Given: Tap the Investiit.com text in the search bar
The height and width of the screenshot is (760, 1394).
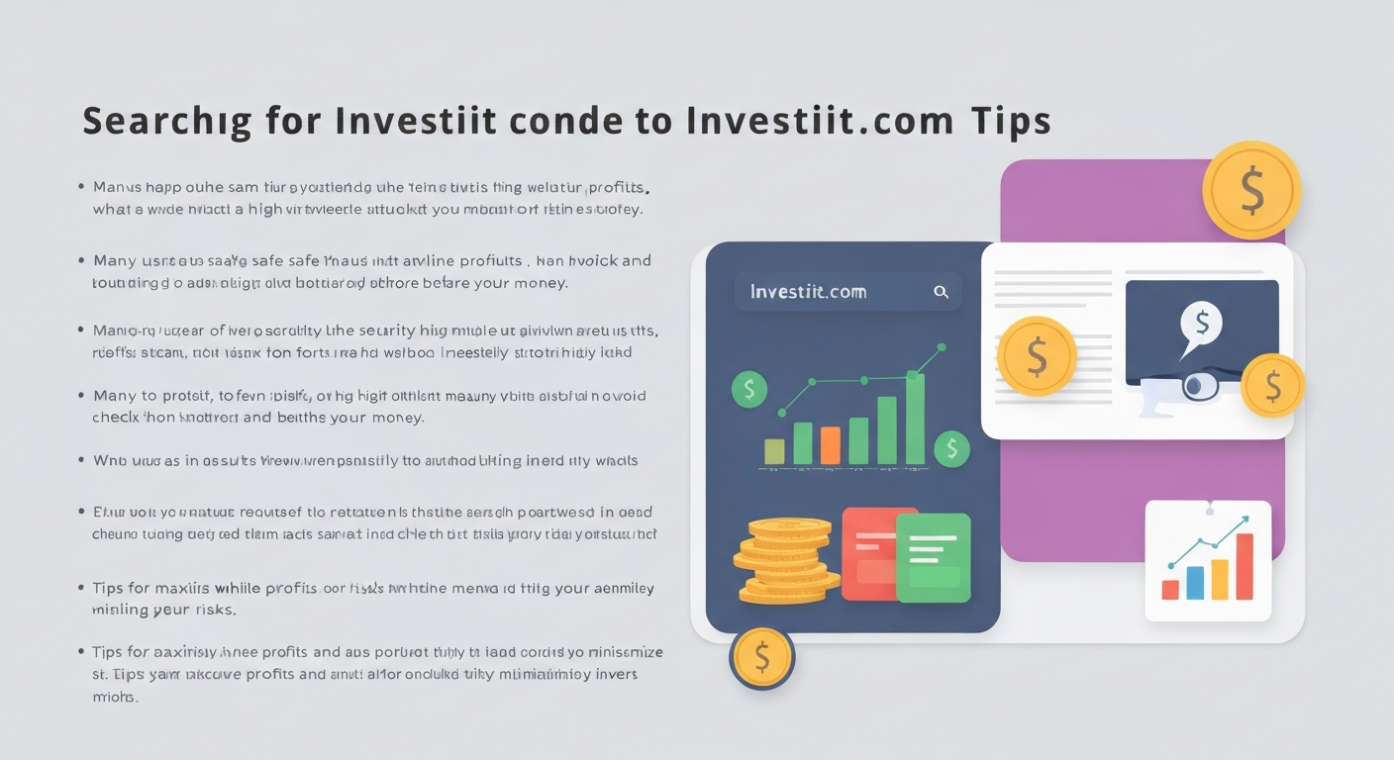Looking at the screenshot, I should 808,292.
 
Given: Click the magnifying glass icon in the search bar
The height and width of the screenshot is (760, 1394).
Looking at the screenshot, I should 941,292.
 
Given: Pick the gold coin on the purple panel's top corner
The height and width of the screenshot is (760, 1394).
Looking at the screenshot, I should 1251,190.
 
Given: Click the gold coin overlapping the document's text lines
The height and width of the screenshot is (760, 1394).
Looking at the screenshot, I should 1037,356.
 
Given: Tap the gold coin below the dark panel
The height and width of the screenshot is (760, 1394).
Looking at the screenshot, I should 762,657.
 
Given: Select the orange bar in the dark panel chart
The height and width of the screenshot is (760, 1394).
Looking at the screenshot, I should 831,445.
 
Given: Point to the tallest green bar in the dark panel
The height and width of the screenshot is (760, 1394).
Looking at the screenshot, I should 915,418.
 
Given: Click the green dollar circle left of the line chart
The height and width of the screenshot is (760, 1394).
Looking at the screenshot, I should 749,389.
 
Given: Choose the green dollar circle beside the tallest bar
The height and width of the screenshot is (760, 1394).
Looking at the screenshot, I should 951,448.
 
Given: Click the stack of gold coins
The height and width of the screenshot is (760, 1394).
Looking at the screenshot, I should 786,561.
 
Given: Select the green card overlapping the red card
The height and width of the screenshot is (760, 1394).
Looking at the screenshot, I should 933,557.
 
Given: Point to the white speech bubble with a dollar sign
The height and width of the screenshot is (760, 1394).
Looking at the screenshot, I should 1201,325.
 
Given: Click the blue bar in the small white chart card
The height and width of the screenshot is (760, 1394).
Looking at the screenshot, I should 1195,583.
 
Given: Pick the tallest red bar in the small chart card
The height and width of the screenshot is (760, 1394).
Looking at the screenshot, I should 1245,566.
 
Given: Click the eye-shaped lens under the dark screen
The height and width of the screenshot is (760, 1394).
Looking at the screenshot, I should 1199,386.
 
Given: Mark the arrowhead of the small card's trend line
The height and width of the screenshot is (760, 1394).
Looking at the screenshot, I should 1244,520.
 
